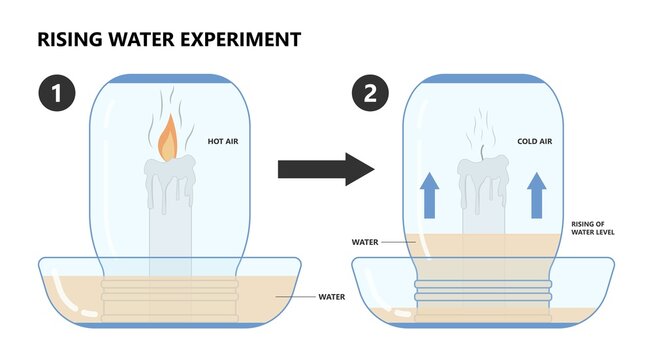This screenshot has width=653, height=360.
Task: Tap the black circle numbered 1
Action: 57,96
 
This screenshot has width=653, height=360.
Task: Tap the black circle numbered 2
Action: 371,96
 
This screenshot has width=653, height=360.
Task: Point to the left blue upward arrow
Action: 429,194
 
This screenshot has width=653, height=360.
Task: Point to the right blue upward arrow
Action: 535,194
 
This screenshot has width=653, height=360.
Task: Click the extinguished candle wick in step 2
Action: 483,154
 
